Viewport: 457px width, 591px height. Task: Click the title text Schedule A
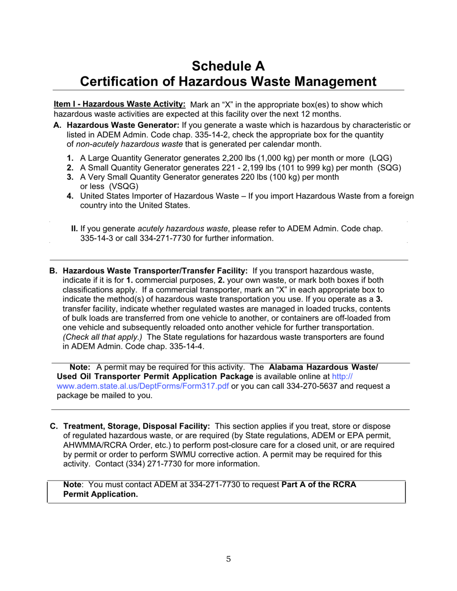(228, 66)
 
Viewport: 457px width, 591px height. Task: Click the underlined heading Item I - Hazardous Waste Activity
(119, 105)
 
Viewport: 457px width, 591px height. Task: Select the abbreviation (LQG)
(381, 158)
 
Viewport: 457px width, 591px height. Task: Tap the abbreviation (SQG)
(390, 168)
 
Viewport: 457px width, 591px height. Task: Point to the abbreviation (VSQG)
(124, 186)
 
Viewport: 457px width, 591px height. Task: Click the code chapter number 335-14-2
(226, 135)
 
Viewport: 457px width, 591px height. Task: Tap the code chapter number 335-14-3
(95, 238)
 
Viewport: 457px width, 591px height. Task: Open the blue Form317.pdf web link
(143, 386)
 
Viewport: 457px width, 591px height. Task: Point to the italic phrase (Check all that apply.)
(102, 337)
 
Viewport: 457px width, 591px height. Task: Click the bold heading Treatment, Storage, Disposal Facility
(137, 426)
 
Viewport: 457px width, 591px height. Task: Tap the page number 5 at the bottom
(228, 559)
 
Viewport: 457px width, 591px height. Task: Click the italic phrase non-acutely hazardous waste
(128, 144)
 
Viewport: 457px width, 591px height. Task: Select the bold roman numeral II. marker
(75, 228)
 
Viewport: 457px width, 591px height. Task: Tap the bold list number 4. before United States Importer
(70, 196)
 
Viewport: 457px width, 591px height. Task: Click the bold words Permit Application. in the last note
(101, 494)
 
